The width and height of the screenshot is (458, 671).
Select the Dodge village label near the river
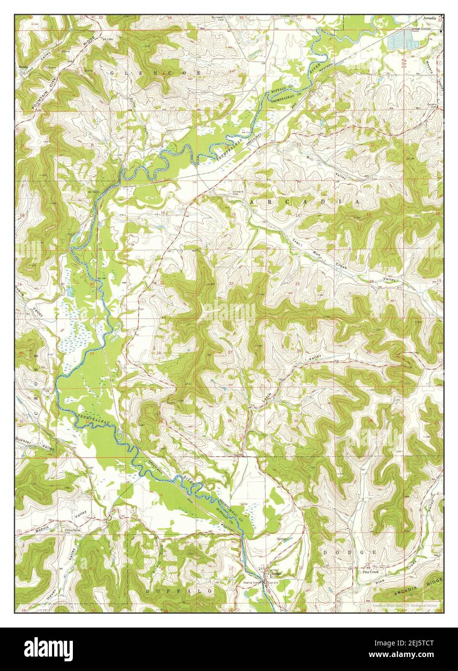(x=276, y=573)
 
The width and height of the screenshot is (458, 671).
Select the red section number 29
(x=91, y=354)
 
